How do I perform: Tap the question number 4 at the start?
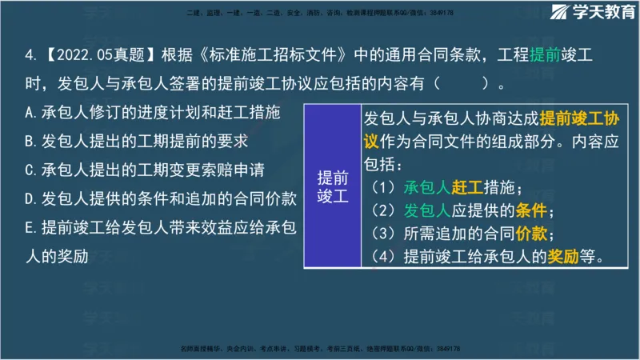pyautogui.click(x=29, y=57)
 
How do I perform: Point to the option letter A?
pyautogui.click(x=29, y=113)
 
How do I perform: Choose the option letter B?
pyautogui.click(x=29, y=142)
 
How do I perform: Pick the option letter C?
pyautogui.click(x=29, y=170)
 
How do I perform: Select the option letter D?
pyautogui.click(x=29, y=198)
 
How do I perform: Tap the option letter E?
pyautogui.click(x=29, y=226)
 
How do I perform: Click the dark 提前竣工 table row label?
pyautogui.click(x=333, y=186)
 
